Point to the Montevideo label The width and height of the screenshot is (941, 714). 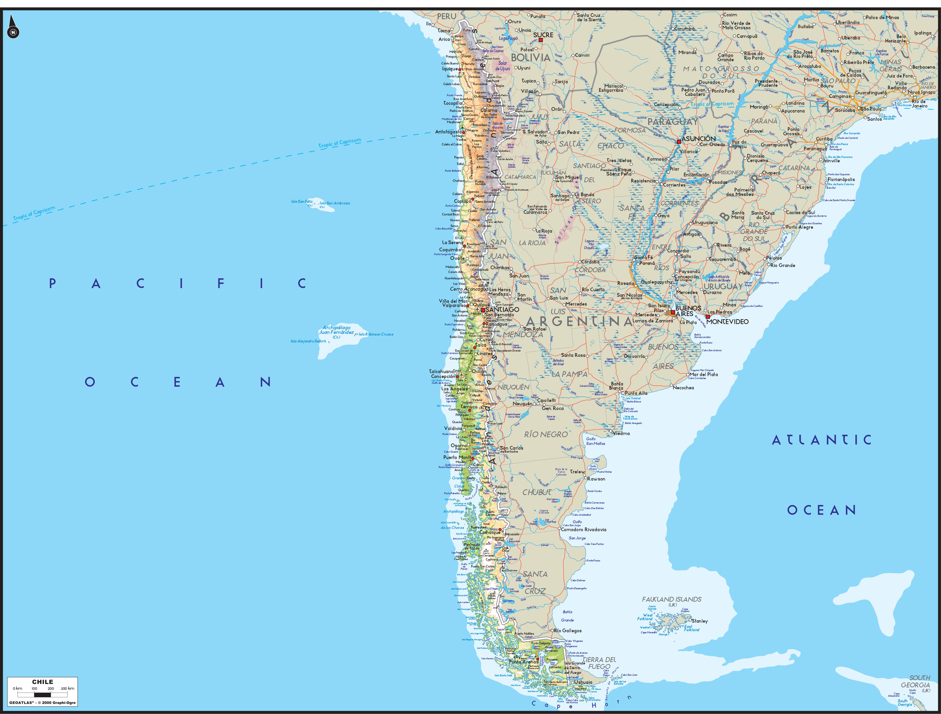click(728, 322)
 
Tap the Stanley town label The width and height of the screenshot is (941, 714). click(700, 621)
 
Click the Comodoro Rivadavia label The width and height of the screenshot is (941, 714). click(584, 529)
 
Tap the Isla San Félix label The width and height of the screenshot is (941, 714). click(302, 202)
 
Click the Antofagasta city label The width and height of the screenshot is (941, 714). click(448, 132)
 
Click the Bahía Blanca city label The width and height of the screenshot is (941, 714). click(616, 385)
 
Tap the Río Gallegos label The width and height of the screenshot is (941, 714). click(568, 631)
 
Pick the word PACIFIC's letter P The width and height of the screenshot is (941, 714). click(53, 283)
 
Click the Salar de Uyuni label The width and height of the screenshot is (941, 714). click(502, 66)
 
